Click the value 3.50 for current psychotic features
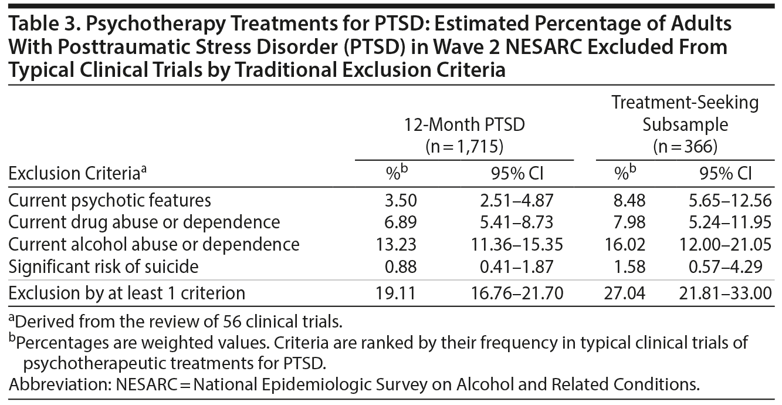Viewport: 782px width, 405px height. coord(401,201)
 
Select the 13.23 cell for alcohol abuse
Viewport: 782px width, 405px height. coord(397,244)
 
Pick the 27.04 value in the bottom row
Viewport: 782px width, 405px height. coord(625,292)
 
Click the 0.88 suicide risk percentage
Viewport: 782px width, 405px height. coord(401,266)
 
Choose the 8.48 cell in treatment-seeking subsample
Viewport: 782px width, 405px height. coord(629,201)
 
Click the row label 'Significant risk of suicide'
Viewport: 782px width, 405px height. coord(103,266)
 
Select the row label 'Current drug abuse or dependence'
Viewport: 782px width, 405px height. coord(144,222)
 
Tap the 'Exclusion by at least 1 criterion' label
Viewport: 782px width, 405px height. coord(126,292)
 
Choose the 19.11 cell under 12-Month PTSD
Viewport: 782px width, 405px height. coord(397,292)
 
